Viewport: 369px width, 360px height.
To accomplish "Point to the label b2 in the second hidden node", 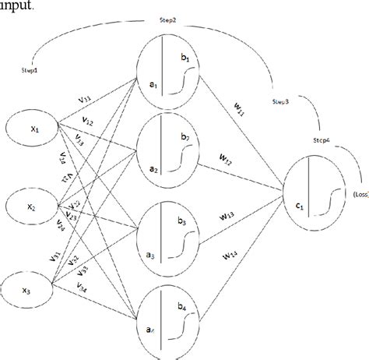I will [x=184, y=137].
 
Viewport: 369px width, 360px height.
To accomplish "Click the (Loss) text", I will [x=359, y=194].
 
